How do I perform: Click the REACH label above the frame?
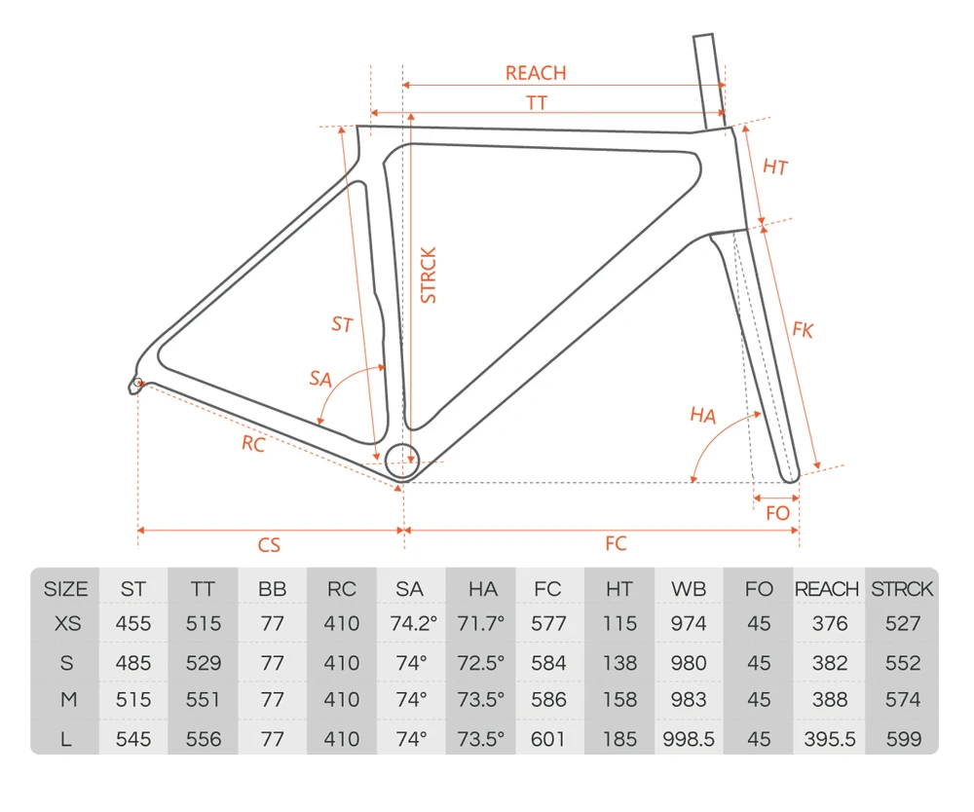[535, 73]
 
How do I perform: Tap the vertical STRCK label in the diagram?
[429, 276]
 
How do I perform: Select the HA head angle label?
[702, 416]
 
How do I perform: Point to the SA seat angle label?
[320, 378]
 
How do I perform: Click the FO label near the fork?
[777, 513]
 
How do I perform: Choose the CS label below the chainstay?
[269, 545]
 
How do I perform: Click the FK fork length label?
[802, 330]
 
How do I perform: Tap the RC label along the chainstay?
[253, 445]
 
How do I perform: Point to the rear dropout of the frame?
[137, 384]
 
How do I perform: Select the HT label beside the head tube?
[774, 167]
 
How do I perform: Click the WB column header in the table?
[689, 589]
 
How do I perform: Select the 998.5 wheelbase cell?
[689, 739]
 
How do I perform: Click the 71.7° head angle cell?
[480, 624]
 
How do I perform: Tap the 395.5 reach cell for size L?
[829, 739]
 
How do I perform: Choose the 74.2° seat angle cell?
[410, 624]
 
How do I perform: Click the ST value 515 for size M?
[133, 700]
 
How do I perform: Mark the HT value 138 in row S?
[619, 663]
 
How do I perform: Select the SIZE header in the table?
[65, 589]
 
